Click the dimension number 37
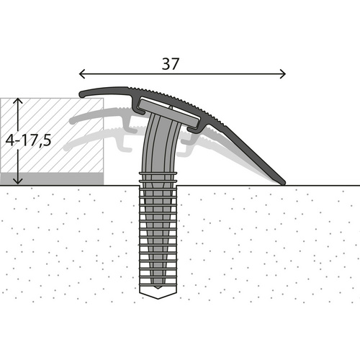(x=171, y=63)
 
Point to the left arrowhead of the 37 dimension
(x=81, y=73)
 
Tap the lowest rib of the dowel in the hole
(x=158, y=284)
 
